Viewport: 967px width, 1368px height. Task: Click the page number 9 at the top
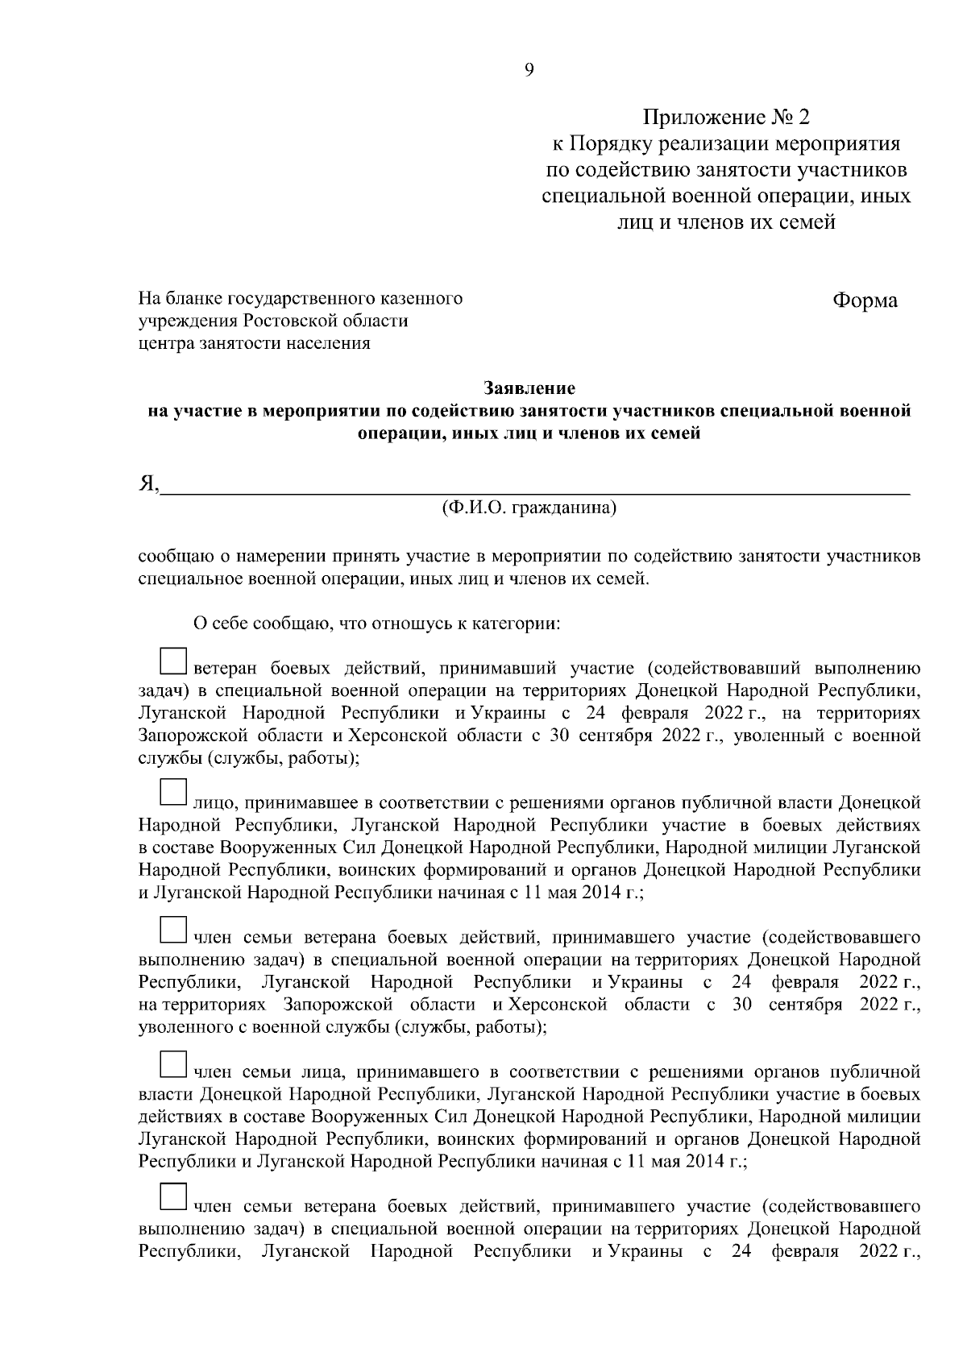(529, 69)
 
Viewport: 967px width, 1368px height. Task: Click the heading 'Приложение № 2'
(725, 118)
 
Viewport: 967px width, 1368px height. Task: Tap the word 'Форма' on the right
(865, 301)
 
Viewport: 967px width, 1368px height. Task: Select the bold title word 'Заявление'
(529, 389)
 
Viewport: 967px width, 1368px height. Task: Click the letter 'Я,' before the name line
(148, 483)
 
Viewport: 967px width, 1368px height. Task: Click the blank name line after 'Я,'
(535, 486)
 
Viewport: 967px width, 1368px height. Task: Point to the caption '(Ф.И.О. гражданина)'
(529, 508)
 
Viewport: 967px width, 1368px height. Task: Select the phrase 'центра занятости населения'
(255, 344)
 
